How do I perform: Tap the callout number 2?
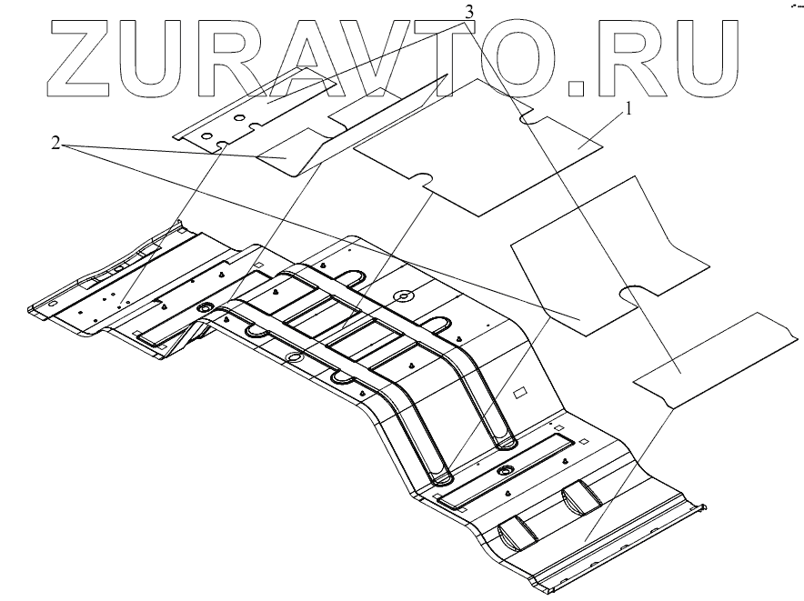click(x=56, y=145)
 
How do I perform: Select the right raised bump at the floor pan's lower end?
click(x=580, y=496)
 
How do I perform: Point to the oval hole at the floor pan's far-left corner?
click(x=52, y=303)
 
